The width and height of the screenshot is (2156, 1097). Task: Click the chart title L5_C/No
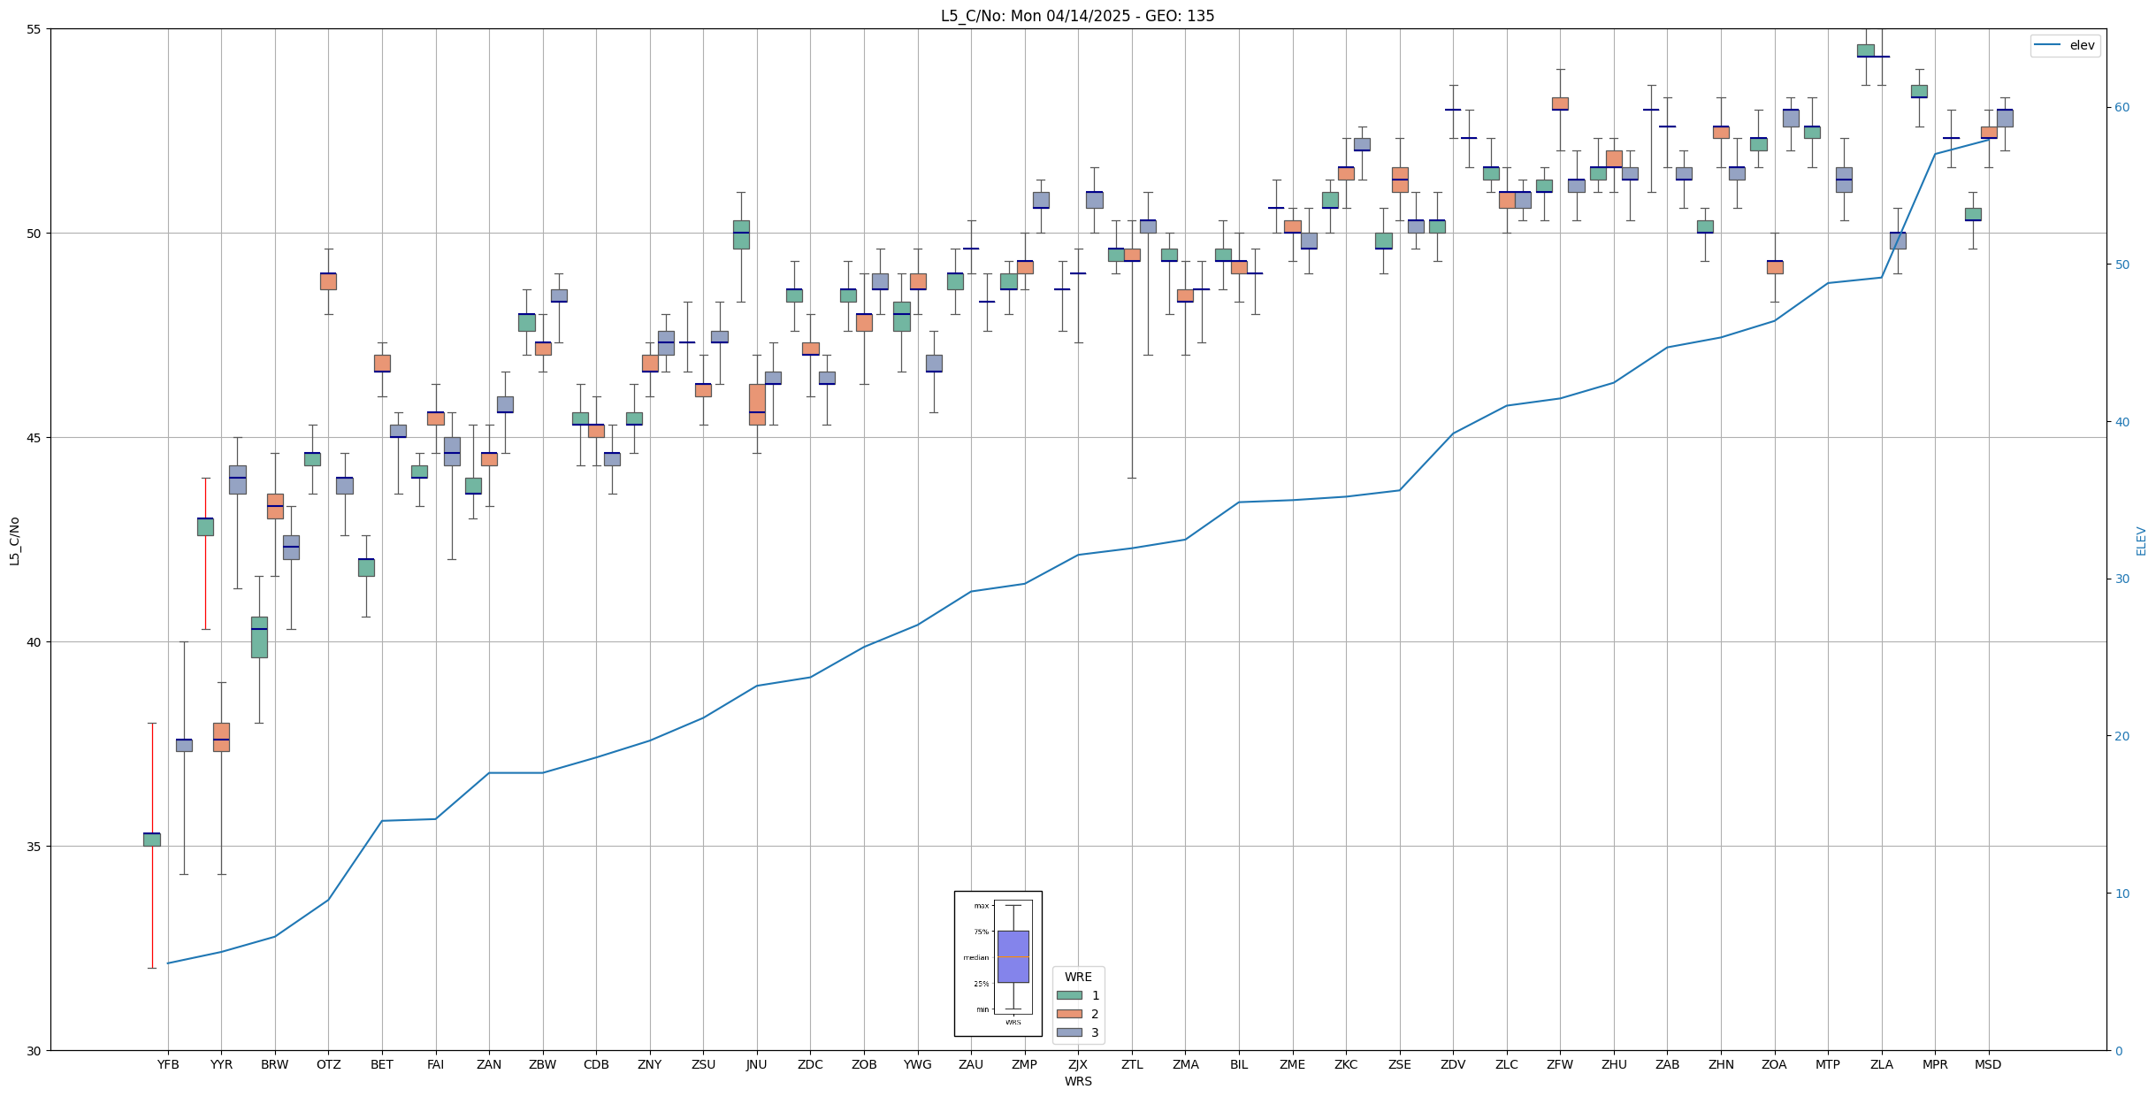(x=1077, y=16)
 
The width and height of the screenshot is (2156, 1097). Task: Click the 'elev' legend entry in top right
(x=2082, y=45)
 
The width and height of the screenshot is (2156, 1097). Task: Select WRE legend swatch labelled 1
(x=1069, y=995)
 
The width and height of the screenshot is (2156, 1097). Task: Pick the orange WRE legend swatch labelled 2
(x=1069, y=1014)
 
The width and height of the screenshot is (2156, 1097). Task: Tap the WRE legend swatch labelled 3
(x=1069, y=1032)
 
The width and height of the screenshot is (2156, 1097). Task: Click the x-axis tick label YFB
(x=168, y=1064)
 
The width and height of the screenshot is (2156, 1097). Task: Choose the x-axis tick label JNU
(x=756, y=1064)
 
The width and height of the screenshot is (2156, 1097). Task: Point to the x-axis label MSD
(x=1988, y=1064)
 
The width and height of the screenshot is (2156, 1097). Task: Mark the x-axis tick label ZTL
(x=1132, y=1064)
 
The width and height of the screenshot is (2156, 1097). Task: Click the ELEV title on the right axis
(x=2141, y=541)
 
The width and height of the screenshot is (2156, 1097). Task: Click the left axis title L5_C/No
(x=14, y=541)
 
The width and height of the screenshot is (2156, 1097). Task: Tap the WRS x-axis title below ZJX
(x=1078, y=1081)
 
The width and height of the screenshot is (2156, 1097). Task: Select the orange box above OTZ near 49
(x=328, y=281)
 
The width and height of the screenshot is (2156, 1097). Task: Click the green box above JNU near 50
(x=741, y=234)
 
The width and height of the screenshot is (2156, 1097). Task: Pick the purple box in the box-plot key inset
(x=1013, y=956)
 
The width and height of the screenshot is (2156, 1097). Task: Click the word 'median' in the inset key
(x=976, y=958)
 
